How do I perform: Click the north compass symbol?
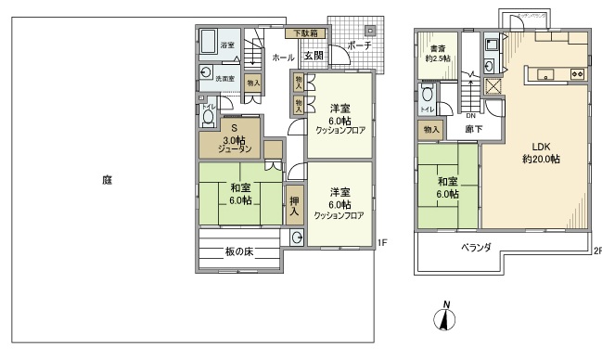coord(446,318)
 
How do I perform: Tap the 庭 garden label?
coord(108,180)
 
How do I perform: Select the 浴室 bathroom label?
coord(226,45)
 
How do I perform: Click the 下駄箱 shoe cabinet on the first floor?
coord(306,33)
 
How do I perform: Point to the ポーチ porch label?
coord(360,45)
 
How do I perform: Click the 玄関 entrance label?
coord(313,57)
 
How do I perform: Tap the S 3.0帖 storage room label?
coord(235,138)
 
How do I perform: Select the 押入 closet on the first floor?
coord(294,205)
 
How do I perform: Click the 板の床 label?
coord(239,251)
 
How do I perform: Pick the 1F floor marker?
coord(381,244)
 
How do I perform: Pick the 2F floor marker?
coord(597,251)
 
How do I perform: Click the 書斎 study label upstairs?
coord(438,53)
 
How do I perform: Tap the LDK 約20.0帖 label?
coord(541,152)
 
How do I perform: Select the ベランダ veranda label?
coord(476,247)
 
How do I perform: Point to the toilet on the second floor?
coord(428,95)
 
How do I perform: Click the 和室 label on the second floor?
coord(448,187)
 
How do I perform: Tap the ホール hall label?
coord(283,58)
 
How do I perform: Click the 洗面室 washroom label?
coord(224,79)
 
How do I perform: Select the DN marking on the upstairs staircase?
coord(470,115)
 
